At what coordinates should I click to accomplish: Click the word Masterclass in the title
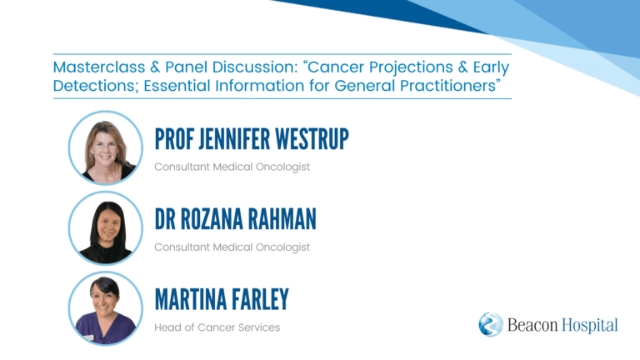pos(99,67)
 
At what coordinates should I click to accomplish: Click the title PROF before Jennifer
pos(174,139)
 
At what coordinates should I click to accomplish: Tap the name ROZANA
pos(212,219)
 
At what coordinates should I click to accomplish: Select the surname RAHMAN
pos(282,219)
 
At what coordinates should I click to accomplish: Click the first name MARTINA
pos(191,300)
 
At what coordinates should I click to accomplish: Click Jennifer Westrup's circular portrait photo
pos(106,147)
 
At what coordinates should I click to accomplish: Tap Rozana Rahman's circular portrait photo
pos(106,228)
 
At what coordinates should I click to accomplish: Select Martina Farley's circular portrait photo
pos(106,308)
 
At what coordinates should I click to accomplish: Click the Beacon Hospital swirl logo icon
pos(491,324)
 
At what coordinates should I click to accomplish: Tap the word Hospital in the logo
pos(590,326)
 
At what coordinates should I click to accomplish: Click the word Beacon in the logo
pos(532,325)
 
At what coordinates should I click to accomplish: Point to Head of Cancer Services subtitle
pos(217,327)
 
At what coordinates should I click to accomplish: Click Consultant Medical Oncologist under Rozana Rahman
pos(232,247)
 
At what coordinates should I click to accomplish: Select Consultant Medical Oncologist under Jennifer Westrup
pos(232,167)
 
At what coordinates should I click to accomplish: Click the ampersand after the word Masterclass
pos(155,67)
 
